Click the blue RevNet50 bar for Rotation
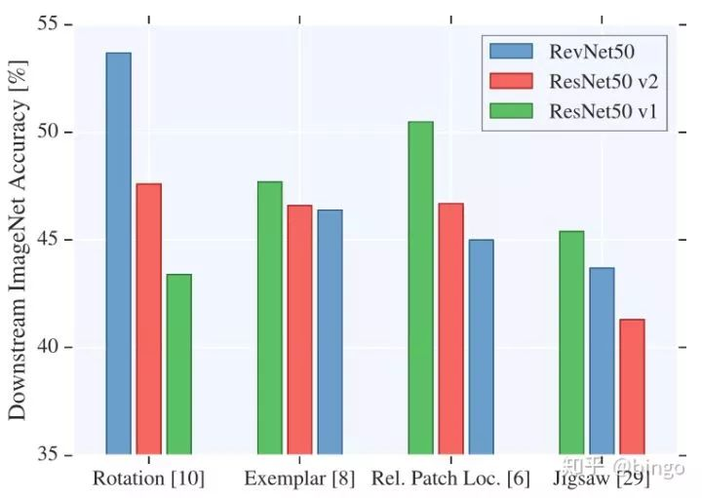pyautogui.click(x=118, y=253)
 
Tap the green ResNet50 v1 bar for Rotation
pyautogui.click(x=178, y=364)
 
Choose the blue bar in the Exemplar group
pyautogui.click(x=330, y=331)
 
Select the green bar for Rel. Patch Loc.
pyautogui.click(x=420, y=287)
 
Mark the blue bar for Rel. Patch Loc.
pyautogui.click(x=481, y=347)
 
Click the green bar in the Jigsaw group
pyautogui.click(x=571, y=342)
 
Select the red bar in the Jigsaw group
pyautogui.click(x=632, y=386)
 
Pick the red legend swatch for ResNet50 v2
pyautogui.click(x=513, y=80)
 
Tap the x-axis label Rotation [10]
pyautogui.click(x=148, y=479)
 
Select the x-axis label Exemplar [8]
pyautogui.click(x=298, y=479)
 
